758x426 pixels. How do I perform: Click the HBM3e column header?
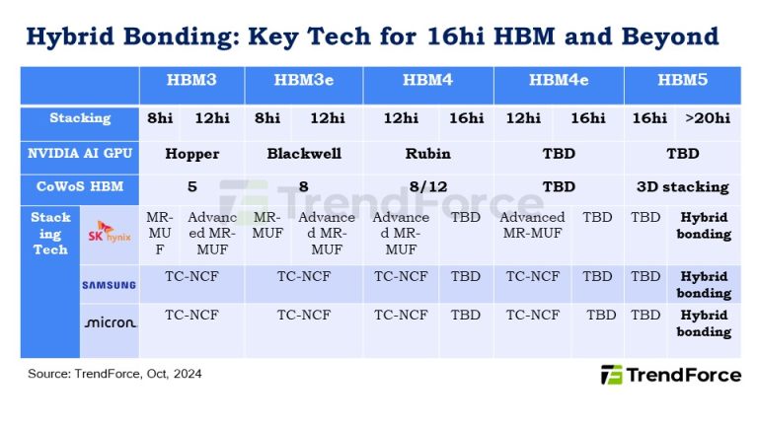(x=303, y=81)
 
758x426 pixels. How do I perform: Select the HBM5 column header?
(x=683, y=81)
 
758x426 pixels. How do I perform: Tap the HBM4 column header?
(x=428, y=81)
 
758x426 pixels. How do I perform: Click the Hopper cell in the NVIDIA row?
(x=191, y=154)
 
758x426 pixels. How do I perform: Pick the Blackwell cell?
(x=303, y=154)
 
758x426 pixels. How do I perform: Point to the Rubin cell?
(x=428, y=154)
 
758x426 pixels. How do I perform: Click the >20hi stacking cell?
(x=708, y=118)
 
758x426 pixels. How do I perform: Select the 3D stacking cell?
(x=683, y=186)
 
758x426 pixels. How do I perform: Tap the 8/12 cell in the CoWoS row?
(x=428, y=186)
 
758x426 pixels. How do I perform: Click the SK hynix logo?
(x=110, y=235)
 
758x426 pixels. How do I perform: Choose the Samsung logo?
(x=110, y=285)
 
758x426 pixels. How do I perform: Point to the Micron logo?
(x=110, y=322)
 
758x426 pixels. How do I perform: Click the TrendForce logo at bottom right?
(x=671, y=375)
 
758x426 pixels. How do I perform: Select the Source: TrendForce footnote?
(x=114, y=374)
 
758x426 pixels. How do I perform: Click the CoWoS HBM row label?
(x=80, y=186)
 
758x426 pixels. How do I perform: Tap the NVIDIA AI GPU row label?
(x=80, y=154)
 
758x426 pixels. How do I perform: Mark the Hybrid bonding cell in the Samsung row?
(x=704, y=285)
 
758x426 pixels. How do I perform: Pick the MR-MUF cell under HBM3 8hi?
(x=160, y=234)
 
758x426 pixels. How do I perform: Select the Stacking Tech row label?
(x=50, y=234)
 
